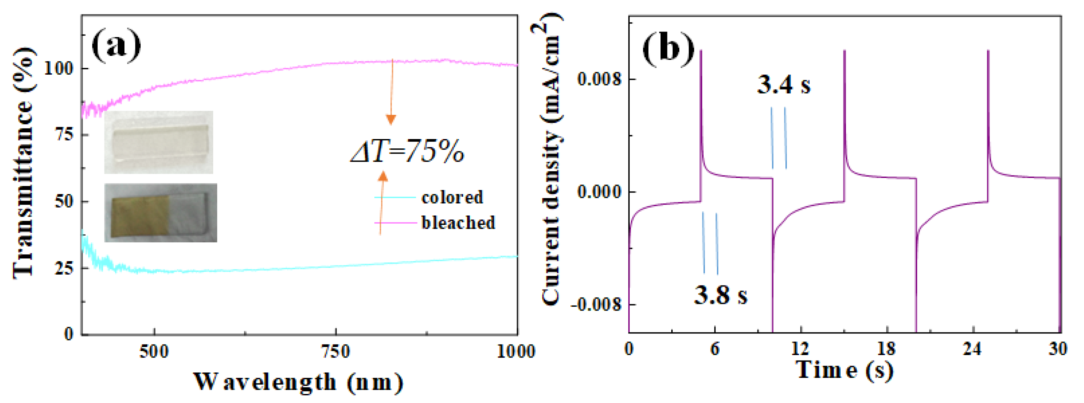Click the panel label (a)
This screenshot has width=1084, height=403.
click(116, 45)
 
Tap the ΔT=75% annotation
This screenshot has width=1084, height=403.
click(407, 151)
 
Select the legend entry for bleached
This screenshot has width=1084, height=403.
click(458, 223)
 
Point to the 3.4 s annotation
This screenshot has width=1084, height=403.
click(783, 85)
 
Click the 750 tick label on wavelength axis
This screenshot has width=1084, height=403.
click(335, 351)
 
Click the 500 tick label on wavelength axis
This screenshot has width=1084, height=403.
click(154, 351)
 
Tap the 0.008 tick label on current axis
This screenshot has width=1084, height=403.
click(599, 79)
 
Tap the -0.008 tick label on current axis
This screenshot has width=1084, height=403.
click(596, 304)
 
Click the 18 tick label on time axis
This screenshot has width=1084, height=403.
click(886, 349)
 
